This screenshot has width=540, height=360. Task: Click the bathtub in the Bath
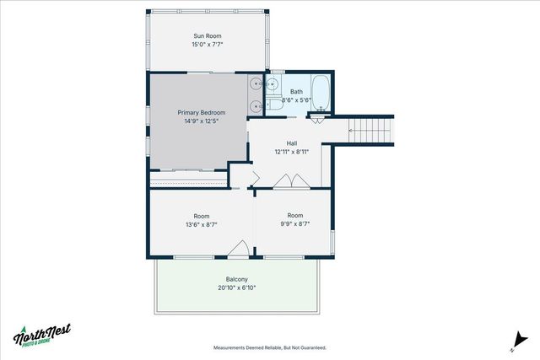click(x=321, y=90)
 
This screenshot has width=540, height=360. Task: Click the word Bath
click(x=296, y=91)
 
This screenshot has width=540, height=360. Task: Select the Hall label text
click(x=292, y=143)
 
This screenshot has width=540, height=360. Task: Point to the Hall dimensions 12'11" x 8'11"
click(x=292, y=153)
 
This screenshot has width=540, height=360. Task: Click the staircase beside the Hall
click(x=372, y=131)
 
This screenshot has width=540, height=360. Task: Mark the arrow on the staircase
click(x=354, y=131)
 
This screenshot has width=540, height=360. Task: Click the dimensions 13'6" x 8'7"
click(x=201, y=225)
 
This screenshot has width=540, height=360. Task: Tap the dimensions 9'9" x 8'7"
click(x=294, y=225)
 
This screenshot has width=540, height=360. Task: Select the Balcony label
click(x=236, y=279)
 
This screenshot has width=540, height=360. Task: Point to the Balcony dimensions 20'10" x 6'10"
click(x=236, y=288)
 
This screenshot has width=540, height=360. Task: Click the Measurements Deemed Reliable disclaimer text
click(x=269, y=347)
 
